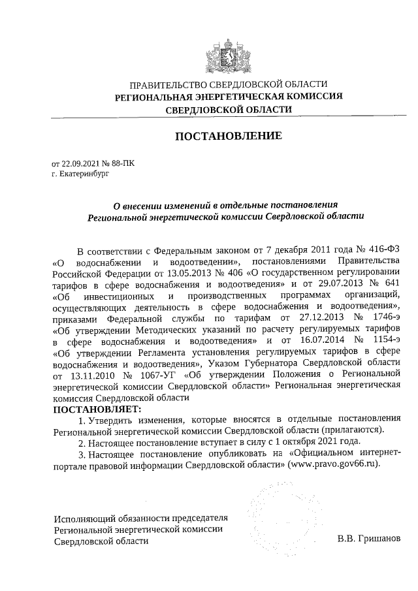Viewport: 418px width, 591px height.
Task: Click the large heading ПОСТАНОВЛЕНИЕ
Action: pyautogui.click(x=227, y=136)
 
